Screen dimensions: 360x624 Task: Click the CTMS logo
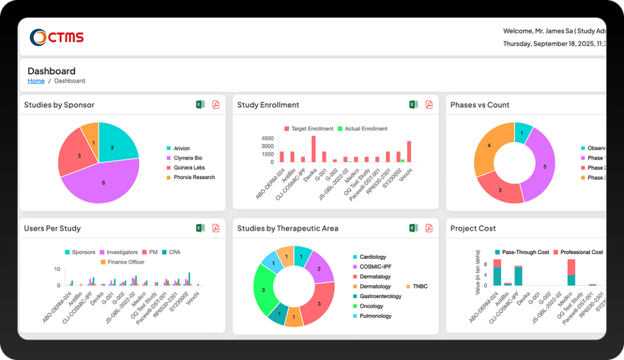(x=57, y=37)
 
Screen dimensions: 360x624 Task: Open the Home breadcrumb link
(x=36, y=81)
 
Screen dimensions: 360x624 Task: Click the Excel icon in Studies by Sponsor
(x=200, y=105)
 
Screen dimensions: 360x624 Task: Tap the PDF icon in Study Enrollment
(x=429, y=105)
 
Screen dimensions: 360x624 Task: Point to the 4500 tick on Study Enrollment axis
(x=268, y=138)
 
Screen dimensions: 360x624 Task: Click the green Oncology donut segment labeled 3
(x=264, y=291)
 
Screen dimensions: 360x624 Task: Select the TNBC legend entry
(x=416, y=286)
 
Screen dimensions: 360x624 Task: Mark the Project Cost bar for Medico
(x=571, y=272)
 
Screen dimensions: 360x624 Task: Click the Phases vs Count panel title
(x=480, y=105)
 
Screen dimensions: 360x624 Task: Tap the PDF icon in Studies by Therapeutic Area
(x=429, y=228)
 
